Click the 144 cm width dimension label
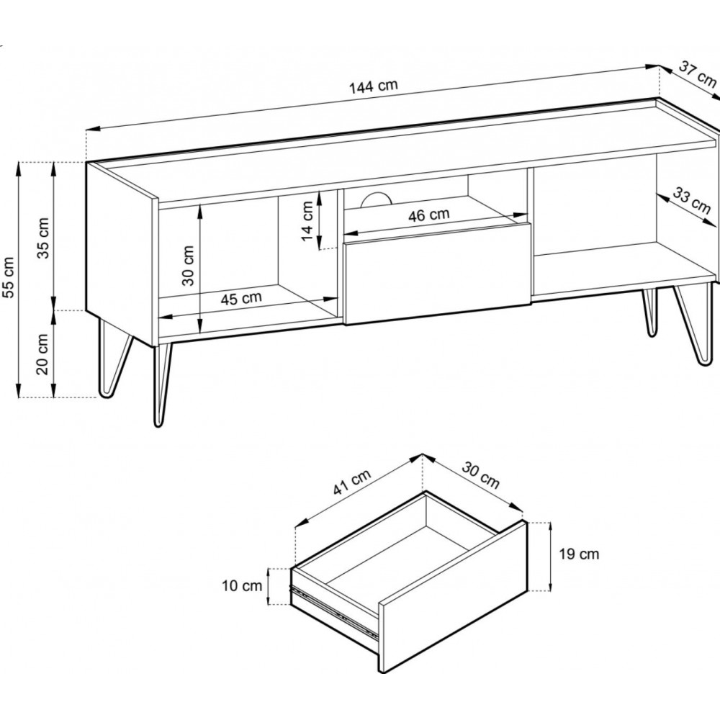click(373, 86)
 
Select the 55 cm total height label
click(9, 277)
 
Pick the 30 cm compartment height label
click(188, 266)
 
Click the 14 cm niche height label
click(307, 221)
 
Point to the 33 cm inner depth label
click(692, 200)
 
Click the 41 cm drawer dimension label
click(352, 482)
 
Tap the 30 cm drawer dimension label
click(480, 474)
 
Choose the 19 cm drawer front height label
click(579, 554)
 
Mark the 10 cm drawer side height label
click(242, 586)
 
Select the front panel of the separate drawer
click(453, 597)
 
